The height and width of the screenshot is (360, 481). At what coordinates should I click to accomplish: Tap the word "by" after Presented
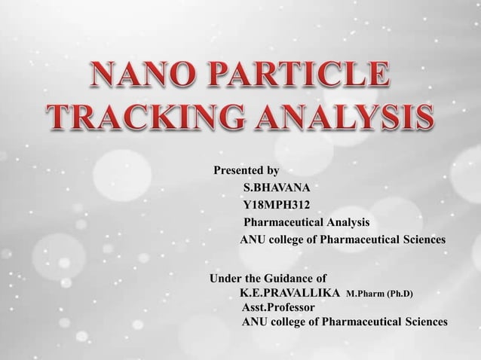point(273,170)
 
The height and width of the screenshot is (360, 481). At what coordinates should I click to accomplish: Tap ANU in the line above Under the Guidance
point(252,240)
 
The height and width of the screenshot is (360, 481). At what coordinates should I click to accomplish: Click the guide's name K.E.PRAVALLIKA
point(290,292)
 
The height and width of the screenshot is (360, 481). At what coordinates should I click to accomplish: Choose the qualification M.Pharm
point(364,293)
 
